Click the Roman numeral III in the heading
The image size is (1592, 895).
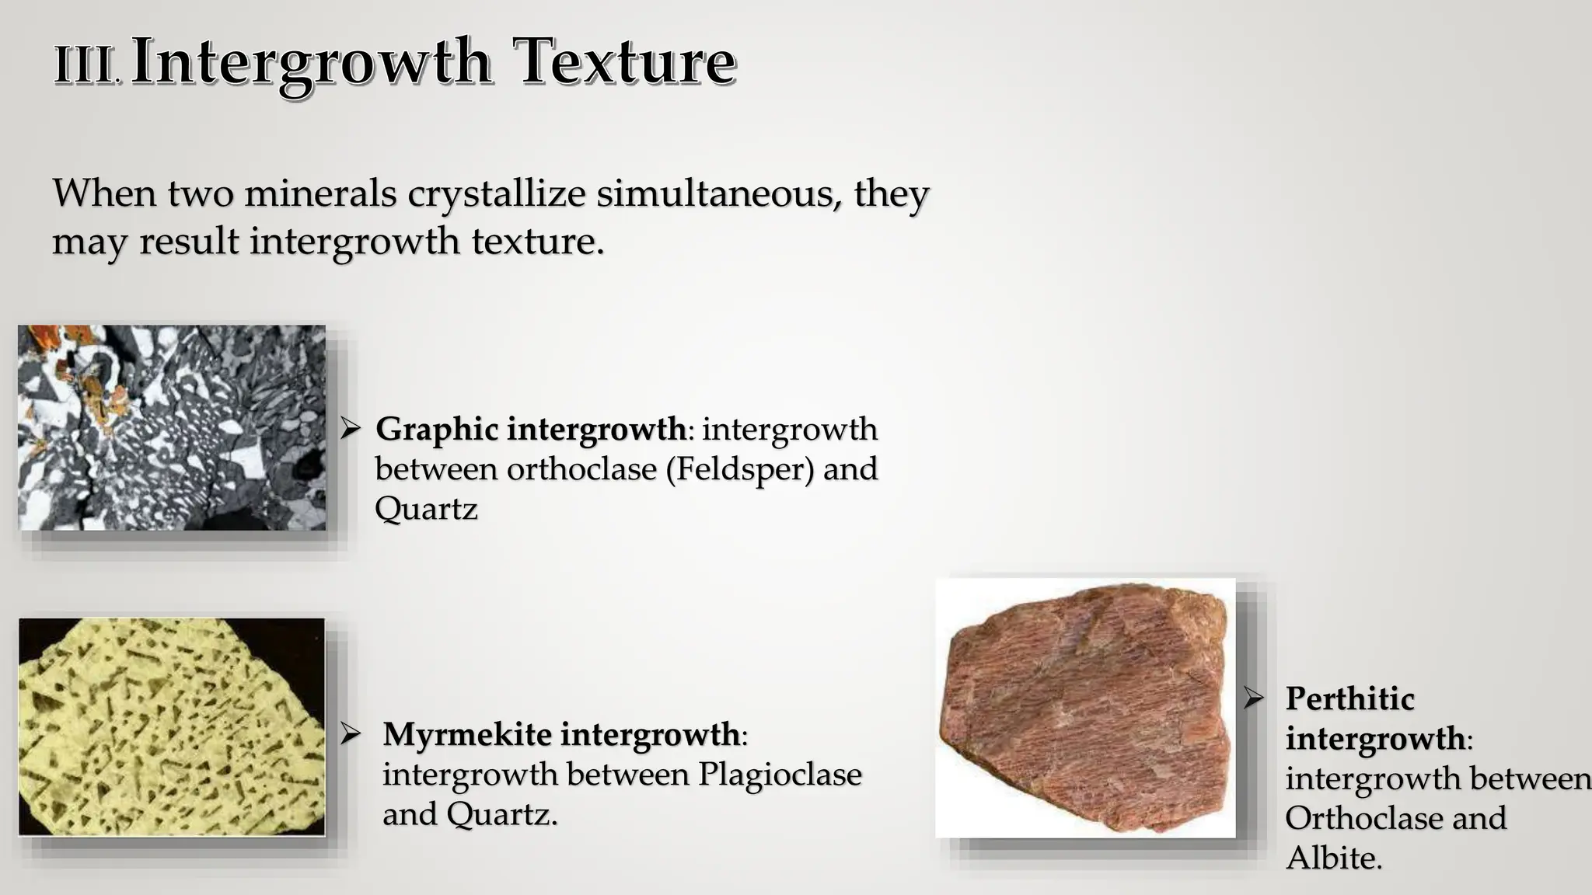(85, 65)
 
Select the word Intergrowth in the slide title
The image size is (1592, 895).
(311, 64)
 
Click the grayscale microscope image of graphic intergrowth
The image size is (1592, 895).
(172, 427)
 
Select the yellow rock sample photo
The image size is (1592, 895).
(172, 726)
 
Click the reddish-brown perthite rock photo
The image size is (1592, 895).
(1085, 707)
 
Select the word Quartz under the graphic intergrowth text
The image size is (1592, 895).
(426, 510)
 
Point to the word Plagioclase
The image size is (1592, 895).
(780, 775)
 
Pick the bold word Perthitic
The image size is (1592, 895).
(1349, 698)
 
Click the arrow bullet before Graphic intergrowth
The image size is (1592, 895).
(351, 428)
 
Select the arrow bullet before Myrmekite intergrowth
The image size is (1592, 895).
(351, 733)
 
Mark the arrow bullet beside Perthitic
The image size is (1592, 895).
(1253, 698)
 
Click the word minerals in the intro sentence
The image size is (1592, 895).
(320, 193)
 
